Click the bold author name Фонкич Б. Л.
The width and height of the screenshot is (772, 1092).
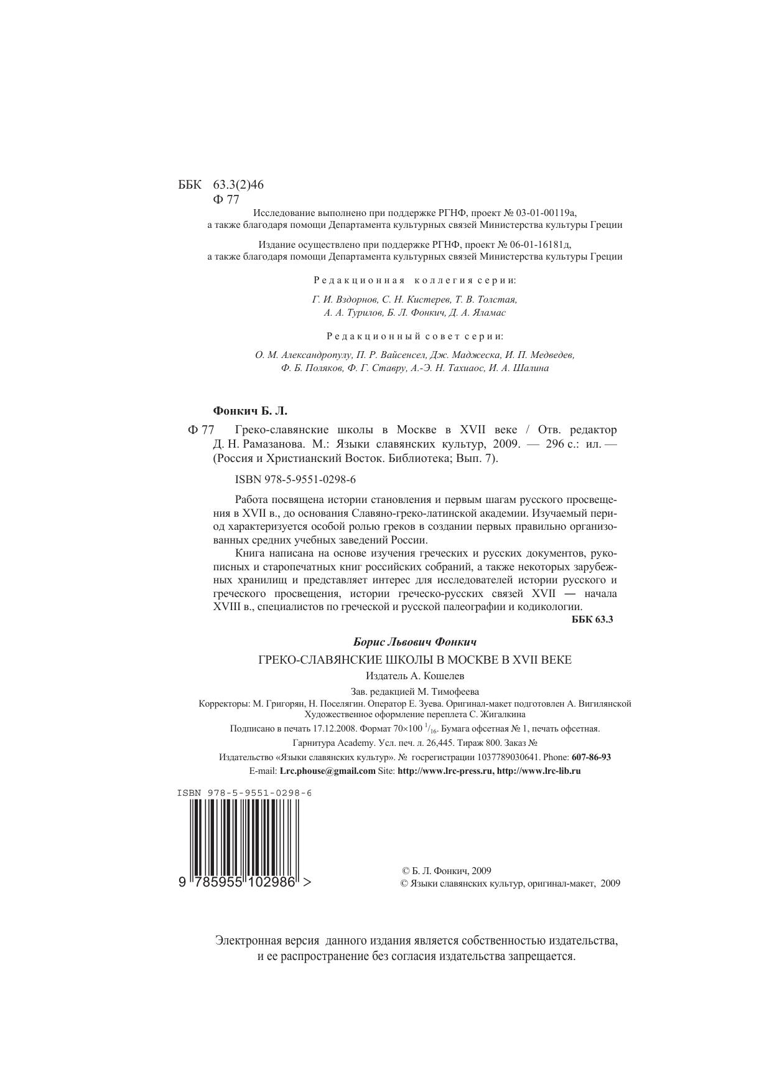click(x=250, y=411)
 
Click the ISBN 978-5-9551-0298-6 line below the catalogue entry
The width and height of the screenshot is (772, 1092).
click(x=295, y=479)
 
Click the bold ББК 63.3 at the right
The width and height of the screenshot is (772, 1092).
click(x=592, y=619)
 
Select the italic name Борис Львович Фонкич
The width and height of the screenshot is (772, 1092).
click(x=414, y=642)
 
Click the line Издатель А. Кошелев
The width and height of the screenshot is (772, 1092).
click(x=415, y=675)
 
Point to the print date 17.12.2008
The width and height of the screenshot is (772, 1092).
click(x=333, y=728)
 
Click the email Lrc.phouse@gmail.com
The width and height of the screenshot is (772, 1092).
click(x=327, y=770)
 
